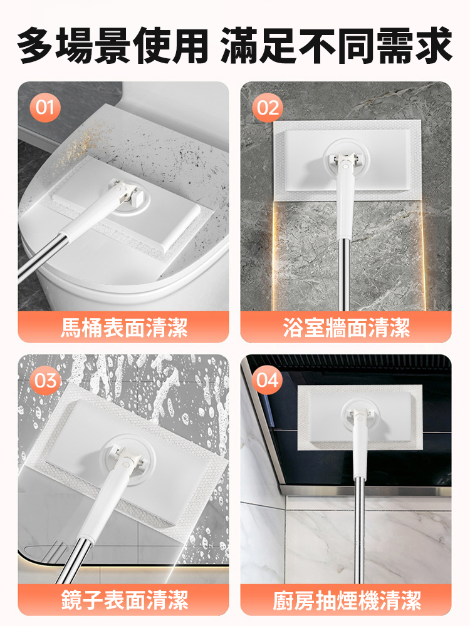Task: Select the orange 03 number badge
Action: [44, 381]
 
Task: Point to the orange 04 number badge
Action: [268, 381]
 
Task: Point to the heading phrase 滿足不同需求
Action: [337, 45]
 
